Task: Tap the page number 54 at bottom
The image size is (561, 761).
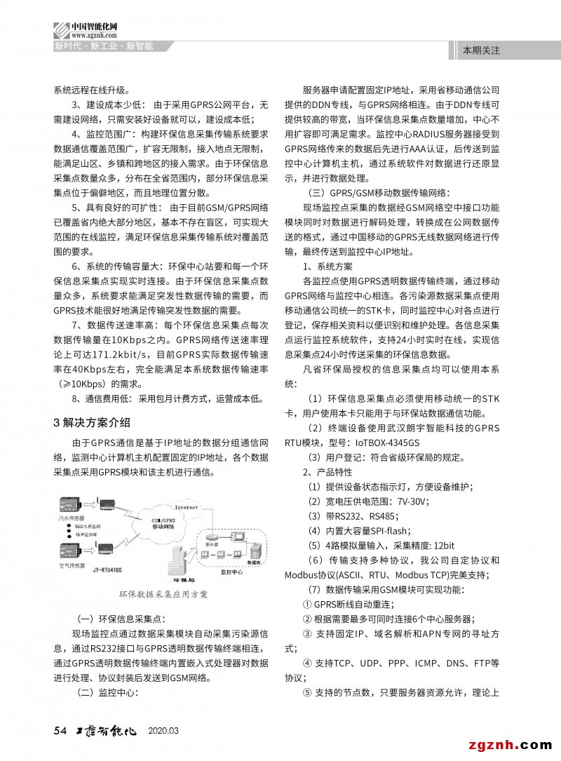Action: [x=60, y=731]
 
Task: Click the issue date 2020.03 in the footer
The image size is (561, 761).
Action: [x=163, y=732]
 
